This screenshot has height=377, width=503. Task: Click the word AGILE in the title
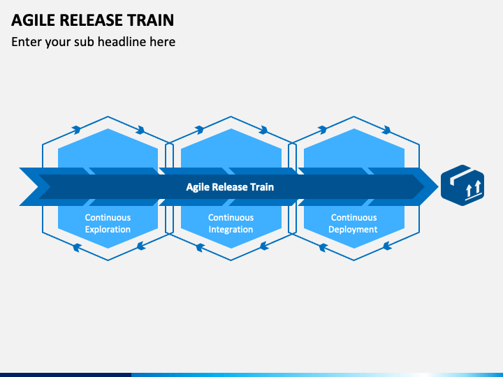(x=34, y=20)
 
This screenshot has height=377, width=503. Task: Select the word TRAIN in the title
(x=150, y=20)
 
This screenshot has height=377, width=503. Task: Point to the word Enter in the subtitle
(x=27, y=42)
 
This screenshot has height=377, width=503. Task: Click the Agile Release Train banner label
(x=230, y=187)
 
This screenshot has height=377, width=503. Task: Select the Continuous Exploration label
(x=108, y=223)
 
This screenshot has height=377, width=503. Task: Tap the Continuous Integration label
(x=231, y=223)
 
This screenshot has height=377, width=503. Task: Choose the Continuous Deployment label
(x=353, y=223)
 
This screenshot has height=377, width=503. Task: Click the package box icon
(x=462, y=185)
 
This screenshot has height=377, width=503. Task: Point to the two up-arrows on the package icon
(x=473, y=188)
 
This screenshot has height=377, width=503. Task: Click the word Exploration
(x=108, y=230)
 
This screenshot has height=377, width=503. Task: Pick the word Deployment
(x=353, y=230)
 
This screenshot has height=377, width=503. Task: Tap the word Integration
(x=231, y=230)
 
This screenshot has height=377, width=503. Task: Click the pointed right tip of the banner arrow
(x=438, y=186)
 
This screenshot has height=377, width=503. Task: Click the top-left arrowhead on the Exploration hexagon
(x=76, y=130)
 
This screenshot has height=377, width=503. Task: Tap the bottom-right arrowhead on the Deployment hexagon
(x=387, y=246)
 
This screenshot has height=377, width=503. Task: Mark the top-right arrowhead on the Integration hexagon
(x=263, y=130)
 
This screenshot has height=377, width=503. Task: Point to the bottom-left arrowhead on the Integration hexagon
(x=201, y=247)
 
